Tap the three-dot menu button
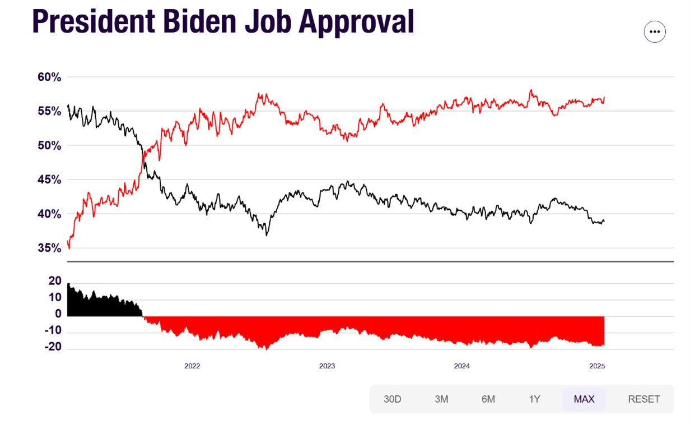655,32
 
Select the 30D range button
393,399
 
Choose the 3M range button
441,399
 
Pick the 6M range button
488,399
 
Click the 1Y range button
534,399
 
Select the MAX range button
584,399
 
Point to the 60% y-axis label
49,77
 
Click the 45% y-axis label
49,179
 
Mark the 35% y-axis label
49,248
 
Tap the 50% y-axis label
49,145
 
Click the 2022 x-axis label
192,366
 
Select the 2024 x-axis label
461,366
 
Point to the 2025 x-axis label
597,366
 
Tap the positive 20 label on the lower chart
55,281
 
